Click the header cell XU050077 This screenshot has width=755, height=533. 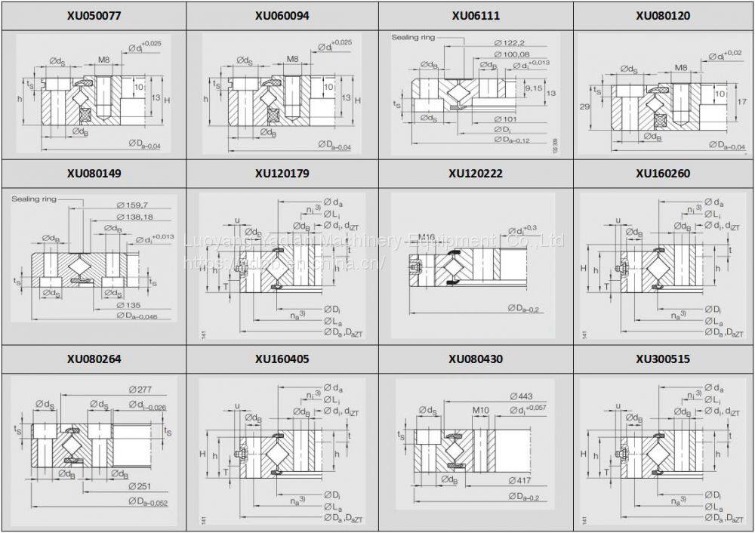(x=93, y=15)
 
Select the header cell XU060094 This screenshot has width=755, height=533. (x=282, y=15)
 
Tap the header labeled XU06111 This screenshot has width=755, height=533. (x=476, y=15)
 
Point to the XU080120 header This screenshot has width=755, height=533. (x=662, y=15)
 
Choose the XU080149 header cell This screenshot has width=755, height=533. (x=93, y=174)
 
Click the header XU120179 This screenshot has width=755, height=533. (x=282, y=174)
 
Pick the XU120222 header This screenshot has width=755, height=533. (x=476, y=174)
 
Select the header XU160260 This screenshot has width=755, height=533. (x=662, y=174)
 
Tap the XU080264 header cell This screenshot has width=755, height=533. (x=93, y=359)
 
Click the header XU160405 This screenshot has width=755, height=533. (x=282, y=359)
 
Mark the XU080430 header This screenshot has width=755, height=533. (x=476, y=359)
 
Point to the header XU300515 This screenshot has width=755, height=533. (x=662, y=359)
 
